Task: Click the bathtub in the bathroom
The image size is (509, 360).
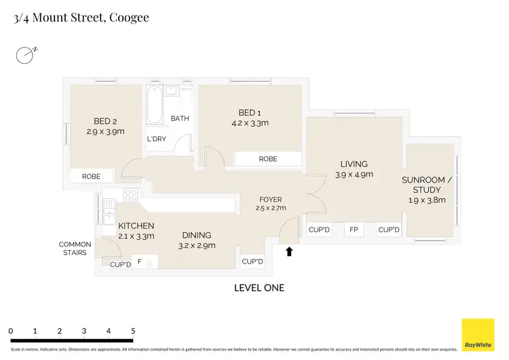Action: click(155, 105)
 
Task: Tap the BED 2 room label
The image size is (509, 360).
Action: click(105, 127)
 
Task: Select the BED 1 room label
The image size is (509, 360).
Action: click(250, 118)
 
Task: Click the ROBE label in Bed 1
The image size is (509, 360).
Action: click(268, 159)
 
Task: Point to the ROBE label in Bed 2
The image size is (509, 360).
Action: click(92, 177)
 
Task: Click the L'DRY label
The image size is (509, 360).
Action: click(157, 139)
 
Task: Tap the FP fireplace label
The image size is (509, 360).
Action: click(354, 230)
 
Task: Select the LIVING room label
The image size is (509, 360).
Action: click(354, 169)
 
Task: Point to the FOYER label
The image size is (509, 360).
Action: click(270, 204)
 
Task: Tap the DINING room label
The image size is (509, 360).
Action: click(196, 240)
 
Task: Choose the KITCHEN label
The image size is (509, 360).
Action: click(136, 231)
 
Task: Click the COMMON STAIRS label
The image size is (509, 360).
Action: click(75, 249)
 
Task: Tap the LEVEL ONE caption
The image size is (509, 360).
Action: click(259, 288)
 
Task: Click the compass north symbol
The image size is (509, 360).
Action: click(26, 54)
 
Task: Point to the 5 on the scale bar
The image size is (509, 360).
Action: click(133, 331)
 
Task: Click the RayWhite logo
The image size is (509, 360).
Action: click(478, 335)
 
